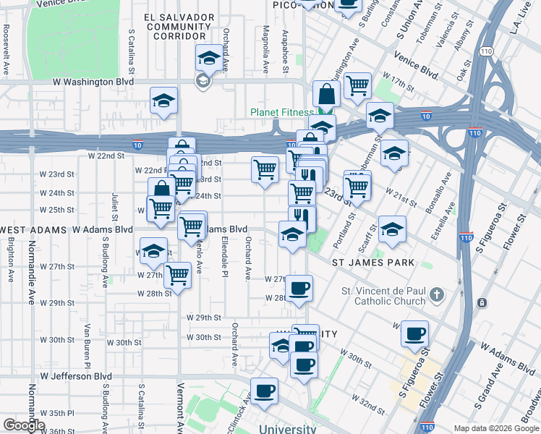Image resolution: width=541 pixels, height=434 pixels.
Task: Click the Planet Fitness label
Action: [281, 112]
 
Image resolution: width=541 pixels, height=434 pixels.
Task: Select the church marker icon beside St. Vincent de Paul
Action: [436, 295]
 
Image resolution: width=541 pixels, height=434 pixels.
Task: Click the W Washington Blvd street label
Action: [93, 82]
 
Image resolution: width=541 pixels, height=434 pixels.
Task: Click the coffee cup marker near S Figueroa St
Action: [414, 333]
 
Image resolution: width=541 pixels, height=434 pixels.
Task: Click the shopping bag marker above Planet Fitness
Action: [327, 93]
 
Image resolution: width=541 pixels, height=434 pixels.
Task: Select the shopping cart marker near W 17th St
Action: [357, 85]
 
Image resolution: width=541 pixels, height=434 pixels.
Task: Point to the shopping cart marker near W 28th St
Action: [177, 274]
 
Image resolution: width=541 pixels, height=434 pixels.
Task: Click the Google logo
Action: [24, 425]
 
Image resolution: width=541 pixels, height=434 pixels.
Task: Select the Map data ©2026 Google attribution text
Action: [495, 428]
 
